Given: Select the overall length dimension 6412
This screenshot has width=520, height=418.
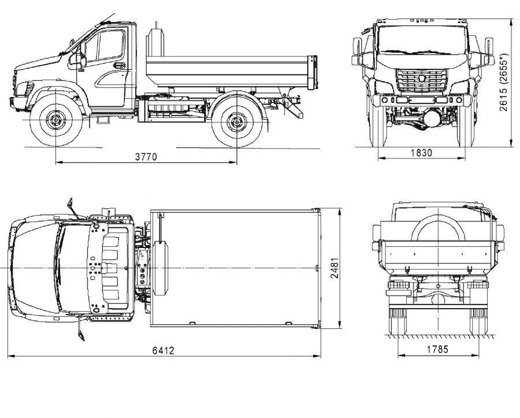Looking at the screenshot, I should point(163,350).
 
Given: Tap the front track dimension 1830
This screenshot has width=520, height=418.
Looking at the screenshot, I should point(422,153).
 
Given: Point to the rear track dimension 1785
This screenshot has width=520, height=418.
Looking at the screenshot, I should point(437,349).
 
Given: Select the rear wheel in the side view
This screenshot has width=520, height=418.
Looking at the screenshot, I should point(236,122).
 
